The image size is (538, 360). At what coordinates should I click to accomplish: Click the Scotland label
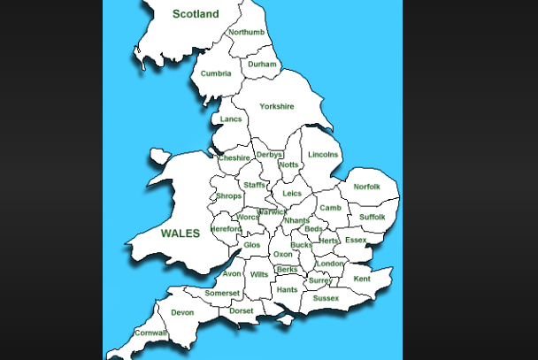pyautogui.click(x=195, y=14)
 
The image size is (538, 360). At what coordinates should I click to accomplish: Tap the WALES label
pyautogui.click(x=180, y=234)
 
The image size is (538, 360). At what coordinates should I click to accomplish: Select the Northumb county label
pyautogui.click(x=246, y=33)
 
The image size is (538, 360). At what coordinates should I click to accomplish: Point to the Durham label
pyautogui.click(x=262, y=65)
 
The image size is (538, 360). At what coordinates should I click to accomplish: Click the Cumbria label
pyautogui.click(x=216, y=73)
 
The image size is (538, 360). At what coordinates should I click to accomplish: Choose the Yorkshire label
pyautogui.click(x=276, y=107)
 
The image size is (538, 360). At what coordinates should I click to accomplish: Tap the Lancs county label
pyautogui.click(x=230, y=119)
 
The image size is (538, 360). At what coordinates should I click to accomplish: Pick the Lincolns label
pyautogui.click(x=323, y=155)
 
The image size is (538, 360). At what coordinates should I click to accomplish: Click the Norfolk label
pyautogui.click(x=366, y=187)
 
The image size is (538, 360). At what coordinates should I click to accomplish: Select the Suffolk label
pyautogui.click(x=372, y=217)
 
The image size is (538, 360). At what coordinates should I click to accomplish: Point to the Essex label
pyautogui.click(x=355, y=240)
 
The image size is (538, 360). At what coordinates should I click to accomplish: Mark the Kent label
pyautogui.click(x=362, y=279)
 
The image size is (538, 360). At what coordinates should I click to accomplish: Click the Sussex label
pyautogui.click(x=326, y=298)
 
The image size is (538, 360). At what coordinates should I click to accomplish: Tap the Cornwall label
pyautogui.click(x=150, y=333)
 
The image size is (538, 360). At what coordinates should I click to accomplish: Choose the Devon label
pyautogui.click(x=182, y=312)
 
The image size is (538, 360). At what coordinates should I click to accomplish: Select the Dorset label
pyautogui.click(x=241, y=310)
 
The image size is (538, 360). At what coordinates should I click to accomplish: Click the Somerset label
pyautogui.click(x=222, y=293)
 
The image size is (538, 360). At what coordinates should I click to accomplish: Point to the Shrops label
pyautogui.click(x=228, y=196)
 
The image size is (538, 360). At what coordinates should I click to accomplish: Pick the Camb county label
pyautogui.click(x=330, y=208)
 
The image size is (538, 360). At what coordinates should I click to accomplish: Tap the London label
pyautogui.click(x=329, y=264)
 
